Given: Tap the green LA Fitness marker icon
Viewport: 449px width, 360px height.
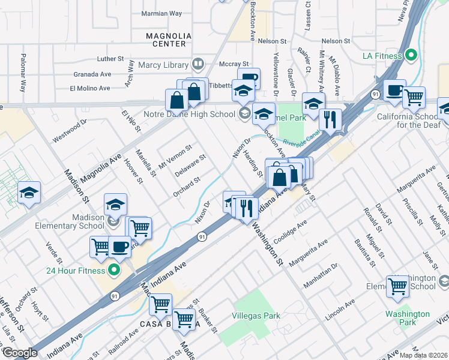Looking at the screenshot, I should [x=411, y=56].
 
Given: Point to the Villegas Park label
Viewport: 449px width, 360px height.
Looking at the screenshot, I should [x=256, y=316].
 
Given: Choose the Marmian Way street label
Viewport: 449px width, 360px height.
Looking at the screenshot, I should [x=161, y=13].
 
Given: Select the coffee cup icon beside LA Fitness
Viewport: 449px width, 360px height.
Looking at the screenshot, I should [x=394, y=91].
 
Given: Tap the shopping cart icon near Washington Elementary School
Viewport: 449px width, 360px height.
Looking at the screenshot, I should [x=397, y=286].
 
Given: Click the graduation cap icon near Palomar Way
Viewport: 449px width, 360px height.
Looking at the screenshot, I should [x=29, y=193].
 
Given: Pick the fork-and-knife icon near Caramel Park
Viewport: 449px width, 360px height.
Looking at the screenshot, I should [x=330, y=119].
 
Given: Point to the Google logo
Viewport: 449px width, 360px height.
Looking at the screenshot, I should [x=20, y=352].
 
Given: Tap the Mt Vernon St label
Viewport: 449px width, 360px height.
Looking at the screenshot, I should [x=174, y=155].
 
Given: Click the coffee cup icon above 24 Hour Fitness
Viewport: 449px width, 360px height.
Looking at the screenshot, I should [x=119, y=247].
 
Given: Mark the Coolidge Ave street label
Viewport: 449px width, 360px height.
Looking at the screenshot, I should [x=291, y=229].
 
